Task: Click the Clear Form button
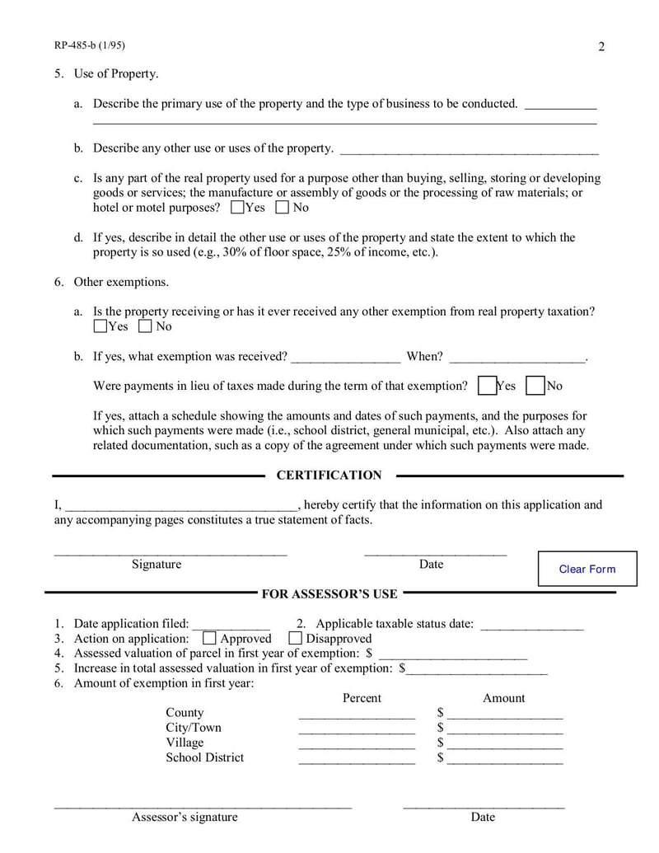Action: tap(587, 569)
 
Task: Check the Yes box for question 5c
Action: tap(237, 208)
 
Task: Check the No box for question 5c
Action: tap(283, 208)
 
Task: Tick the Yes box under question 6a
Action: tap(100, 326)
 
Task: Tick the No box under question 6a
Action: tap(146, 326)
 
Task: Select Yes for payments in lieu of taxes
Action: tap(487, 386)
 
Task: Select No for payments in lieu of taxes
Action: tap(535, 386)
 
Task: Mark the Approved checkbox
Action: tap(209, 639)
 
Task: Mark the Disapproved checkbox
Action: tap(295, 639)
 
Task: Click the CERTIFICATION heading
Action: tap(329, 476)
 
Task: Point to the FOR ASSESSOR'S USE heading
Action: tap(329, 593)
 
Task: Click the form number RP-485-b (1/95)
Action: tap(90, 46)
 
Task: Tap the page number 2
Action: tap(601, 47)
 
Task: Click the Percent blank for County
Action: tap(357, 714)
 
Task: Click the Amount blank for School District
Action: tap(505, 758)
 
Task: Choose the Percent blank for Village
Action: tap(357, 743)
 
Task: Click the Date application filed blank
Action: tap(231, 625)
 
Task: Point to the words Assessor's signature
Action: tap(185, 817)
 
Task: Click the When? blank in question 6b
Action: tap(517, 358)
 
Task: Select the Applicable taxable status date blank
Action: tap(531, 625)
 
